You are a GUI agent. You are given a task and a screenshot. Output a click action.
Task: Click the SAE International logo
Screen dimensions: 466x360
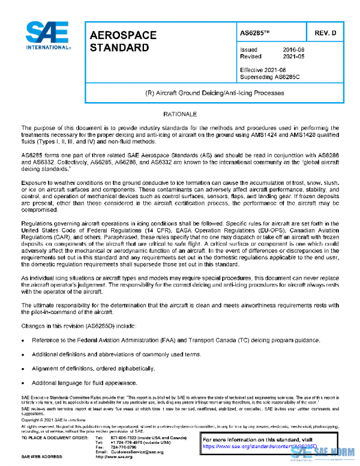point(46,37)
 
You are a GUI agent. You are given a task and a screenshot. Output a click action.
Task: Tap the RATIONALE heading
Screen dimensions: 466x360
point(179,114)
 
